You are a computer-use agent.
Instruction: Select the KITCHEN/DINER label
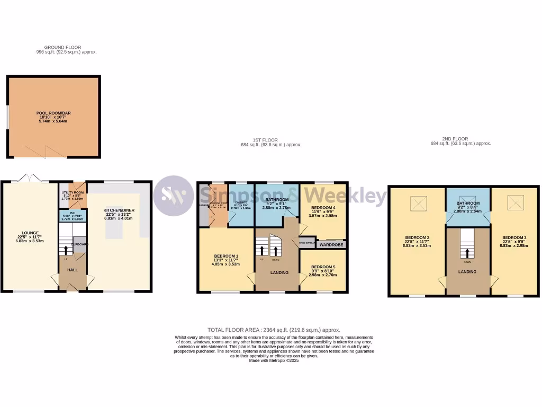[x=119, y=210]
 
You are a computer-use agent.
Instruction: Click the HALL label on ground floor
[x=72, y=270]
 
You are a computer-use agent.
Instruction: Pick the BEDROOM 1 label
[x=227, y=256]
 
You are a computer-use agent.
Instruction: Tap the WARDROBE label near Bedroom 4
[x=331, y=245]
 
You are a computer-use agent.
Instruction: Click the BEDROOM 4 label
[x=323, y=208]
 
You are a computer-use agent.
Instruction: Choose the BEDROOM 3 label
[x=513, y=237]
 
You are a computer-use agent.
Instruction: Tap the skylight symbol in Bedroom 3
[x=514, y=201]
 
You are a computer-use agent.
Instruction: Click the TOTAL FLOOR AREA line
[x=274, y=330]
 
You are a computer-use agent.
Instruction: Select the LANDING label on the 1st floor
[x=279, y=272]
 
